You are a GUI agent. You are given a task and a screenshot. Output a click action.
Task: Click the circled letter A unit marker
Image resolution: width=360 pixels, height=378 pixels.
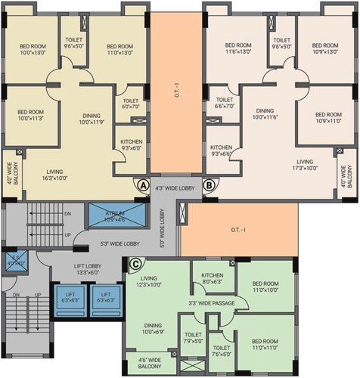tap(141, 183)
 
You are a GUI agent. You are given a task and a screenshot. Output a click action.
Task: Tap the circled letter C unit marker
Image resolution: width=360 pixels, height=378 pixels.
tap(136, 264)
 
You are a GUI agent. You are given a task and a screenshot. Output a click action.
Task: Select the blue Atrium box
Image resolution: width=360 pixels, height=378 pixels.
tap(115, 215)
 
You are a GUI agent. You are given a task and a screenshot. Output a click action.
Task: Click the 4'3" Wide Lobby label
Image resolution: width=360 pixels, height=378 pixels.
tap(175, 187)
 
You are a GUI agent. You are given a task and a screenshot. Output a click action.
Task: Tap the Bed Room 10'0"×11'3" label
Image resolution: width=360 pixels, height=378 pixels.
tap(31, 115)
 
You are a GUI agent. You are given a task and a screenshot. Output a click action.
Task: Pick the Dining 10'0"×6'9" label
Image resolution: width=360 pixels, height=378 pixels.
tap(152, 328)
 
